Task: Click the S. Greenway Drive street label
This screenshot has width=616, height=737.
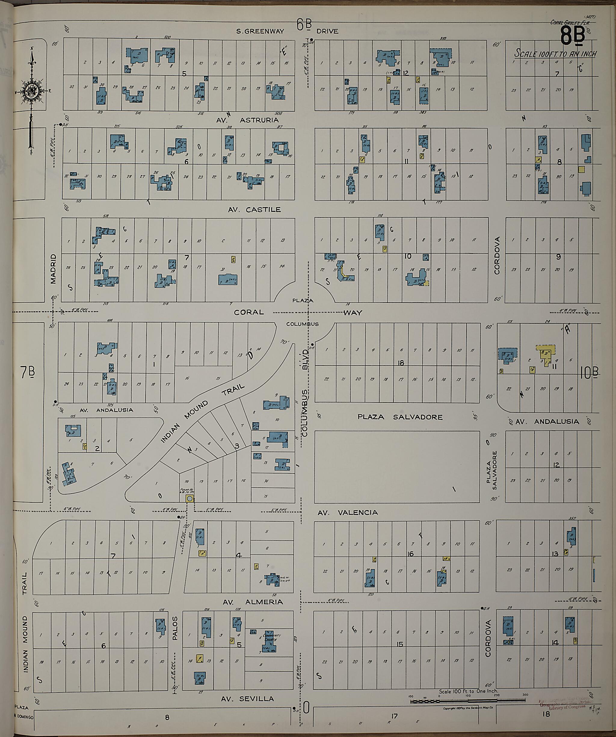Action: tap(288, 31)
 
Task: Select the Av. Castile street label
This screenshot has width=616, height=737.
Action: tap(254, 209)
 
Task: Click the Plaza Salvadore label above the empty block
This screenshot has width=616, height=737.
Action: tap(400, 417)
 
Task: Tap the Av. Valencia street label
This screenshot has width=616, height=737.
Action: tap(347, 513)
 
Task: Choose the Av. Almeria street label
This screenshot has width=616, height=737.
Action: tap(253, 602)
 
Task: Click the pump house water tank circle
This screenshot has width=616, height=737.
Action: tap(189, 499)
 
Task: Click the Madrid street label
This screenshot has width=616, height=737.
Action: tap(53, 269)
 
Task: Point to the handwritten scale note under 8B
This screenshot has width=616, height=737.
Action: tap(555, 54)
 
